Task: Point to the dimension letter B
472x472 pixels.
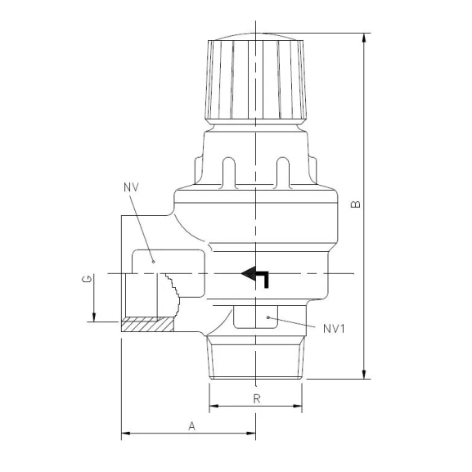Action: [354, 205]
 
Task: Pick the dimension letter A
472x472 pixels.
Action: [191, 425]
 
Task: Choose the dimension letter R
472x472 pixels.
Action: [256, 399]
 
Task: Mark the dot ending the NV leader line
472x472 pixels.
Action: [153, 262]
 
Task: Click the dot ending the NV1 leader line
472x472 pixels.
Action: [268, 315]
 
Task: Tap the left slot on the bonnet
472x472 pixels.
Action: [229, 169]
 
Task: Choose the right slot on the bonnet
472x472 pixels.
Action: [284, 169]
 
